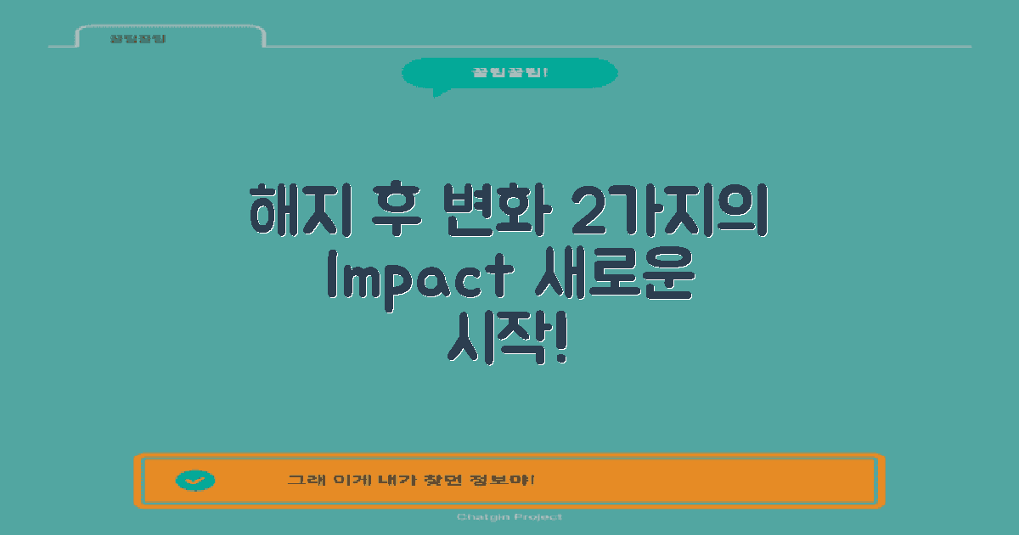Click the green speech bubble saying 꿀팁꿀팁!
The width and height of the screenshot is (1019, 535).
click(x=509, y=73)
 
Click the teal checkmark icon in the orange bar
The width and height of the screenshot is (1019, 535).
click(x=195, y=481)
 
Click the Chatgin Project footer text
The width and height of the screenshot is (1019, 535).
click(x=509, y=517)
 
